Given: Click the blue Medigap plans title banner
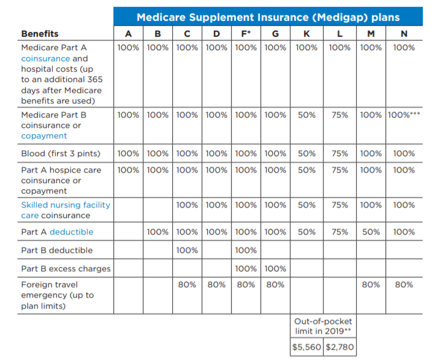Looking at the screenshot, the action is (268, 17).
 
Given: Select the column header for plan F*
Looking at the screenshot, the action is (246, 34).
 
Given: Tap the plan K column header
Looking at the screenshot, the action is (306, 34).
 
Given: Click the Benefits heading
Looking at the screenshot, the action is (40, 34).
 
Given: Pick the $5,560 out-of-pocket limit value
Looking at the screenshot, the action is (306, 347).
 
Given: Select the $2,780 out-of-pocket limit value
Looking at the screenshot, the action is (339, 347).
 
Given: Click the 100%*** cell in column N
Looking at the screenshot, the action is (404, 114).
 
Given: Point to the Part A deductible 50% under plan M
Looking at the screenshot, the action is (371, 232).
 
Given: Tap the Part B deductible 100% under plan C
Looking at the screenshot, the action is (187, 250).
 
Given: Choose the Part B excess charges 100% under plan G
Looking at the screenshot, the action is (275, 269).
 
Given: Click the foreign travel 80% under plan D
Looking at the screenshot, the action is (216, 285).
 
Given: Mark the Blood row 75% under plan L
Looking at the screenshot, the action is (339, 153).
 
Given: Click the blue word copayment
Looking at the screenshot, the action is (44, 136).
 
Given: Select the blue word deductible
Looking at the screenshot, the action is (72, 232).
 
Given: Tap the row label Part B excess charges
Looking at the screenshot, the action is (66, 269).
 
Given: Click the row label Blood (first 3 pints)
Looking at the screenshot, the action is (61, 153).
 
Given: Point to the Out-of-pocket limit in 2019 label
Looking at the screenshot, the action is (323, 326).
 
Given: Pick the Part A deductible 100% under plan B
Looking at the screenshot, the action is (157, 232).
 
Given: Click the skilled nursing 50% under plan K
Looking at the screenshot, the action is (306, 204).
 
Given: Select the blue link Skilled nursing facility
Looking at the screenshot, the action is (66, 205).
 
